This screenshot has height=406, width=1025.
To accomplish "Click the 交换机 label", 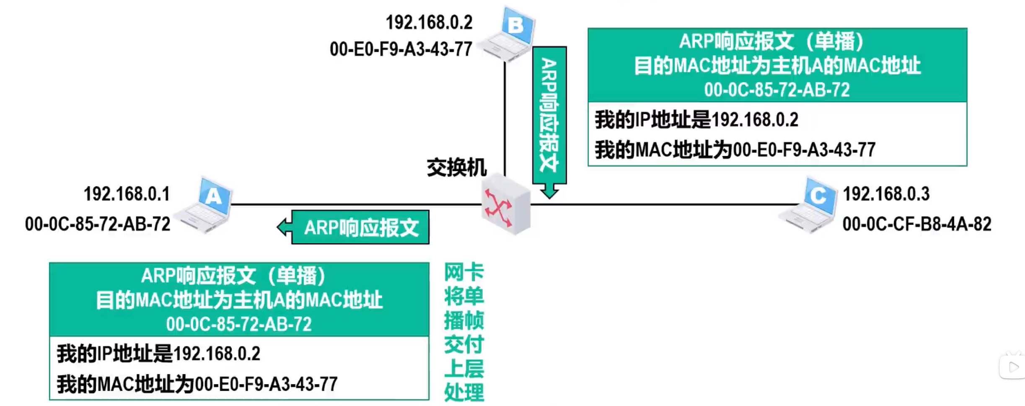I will click(456, 168).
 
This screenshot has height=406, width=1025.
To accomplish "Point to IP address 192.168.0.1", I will click(127, 194).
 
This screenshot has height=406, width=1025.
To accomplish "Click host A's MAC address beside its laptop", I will click(98, 224).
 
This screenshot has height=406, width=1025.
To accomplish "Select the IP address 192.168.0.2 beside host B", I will click(429, 23).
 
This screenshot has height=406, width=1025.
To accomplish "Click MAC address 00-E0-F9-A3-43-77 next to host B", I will click(401, 49).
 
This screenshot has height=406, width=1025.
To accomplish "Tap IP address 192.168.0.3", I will click(886, 194).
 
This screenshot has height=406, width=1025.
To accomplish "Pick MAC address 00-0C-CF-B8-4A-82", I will click(916, 224).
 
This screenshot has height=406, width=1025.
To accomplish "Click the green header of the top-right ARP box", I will click(777, 65).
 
